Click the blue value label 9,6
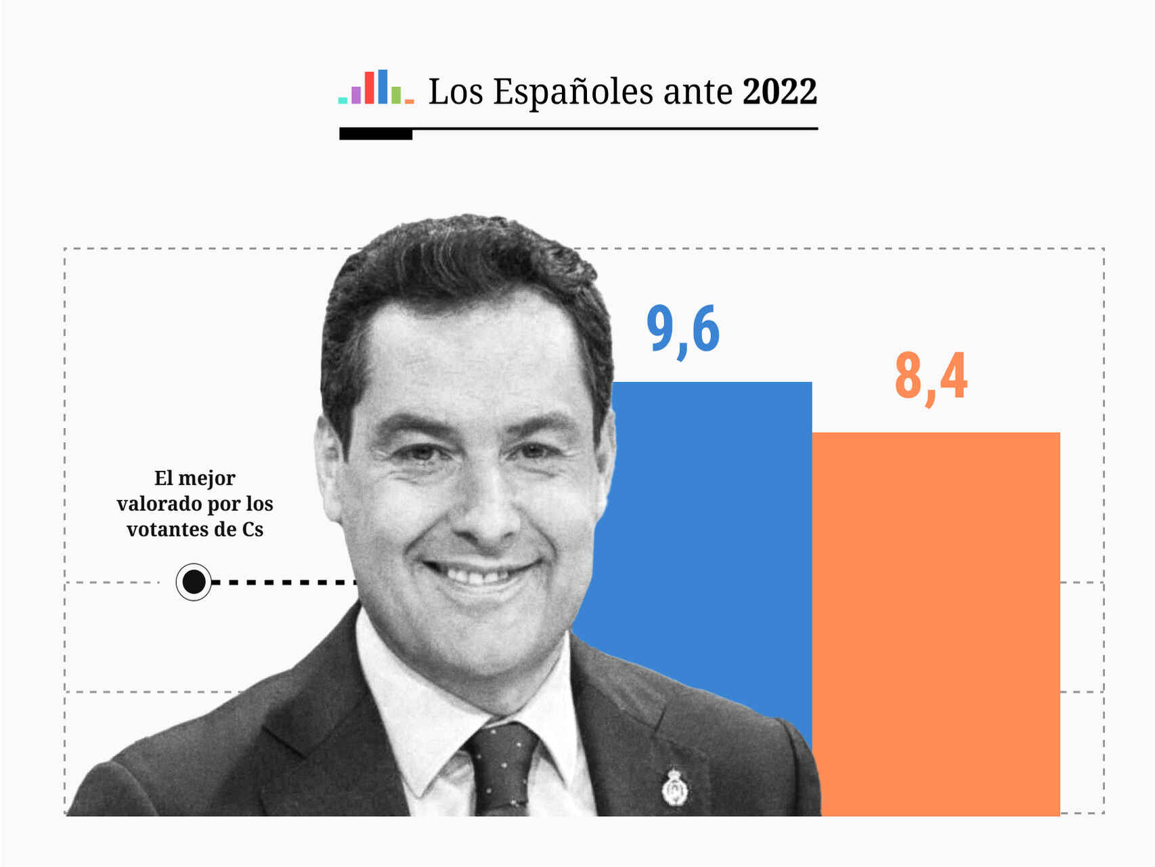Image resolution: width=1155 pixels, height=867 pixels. tap(682, 330)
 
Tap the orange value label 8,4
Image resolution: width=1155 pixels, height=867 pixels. tap(931, 377)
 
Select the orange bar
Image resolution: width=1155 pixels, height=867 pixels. tap(936, 623)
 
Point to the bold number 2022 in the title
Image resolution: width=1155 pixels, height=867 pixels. tap(780, 91)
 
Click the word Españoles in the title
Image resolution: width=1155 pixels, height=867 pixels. tap(574, 92)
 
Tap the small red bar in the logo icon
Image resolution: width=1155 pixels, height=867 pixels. tap(369, 87)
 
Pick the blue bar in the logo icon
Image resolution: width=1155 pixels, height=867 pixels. tap(383, 86)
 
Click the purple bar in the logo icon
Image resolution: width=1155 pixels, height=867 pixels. tap(356, 95)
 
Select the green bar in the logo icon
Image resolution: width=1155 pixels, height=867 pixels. tap(396, 95)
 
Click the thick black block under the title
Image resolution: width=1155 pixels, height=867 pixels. tap(376, 134)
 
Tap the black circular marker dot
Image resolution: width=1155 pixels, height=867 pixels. tap(194, 581)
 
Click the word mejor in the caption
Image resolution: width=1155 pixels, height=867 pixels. tap(206, 478)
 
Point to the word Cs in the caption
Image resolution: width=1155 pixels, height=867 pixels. tap(253, 529)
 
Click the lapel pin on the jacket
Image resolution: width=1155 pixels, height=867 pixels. tap(674, 788)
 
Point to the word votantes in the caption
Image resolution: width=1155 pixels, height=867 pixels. tap(168, 529)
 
